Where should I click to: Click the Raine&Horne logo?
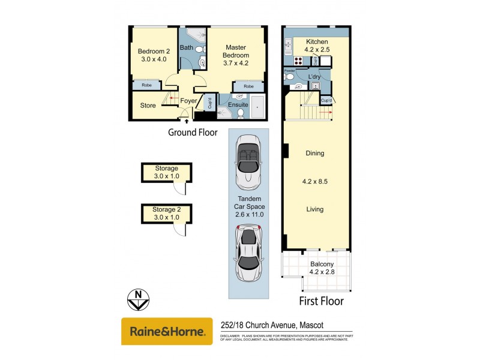(x=167, y=331)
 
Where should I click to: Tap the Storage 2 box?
(x=166, y=213)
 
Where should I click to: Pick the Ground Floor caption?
(x=193, y=133)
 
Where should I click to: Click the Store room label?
(x=148, y=106)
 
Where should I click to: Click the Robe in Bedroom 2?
(x=146, y=86)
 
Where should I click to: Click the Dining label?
(x=314, y=153)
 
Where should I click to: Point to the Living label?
(x=314, y=209)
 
